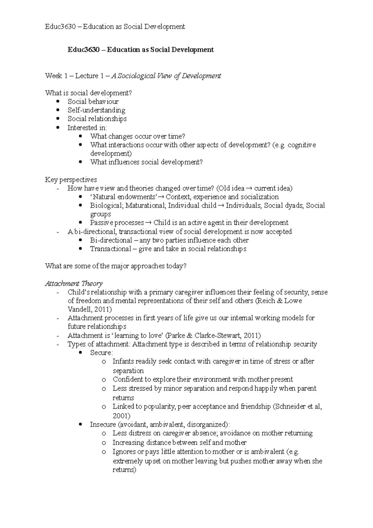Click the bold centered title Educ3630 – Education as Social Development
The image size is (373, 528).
[141, 50]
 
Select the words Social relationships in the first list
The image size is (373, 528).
[97, 119]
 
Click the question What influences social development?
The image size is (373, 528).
[146, 162]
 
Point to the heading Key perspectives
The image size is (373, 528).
[71, 180]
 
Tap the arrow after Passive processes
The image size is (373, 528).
[148, 223]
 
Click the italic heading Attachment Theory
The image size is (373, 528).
[74, 284]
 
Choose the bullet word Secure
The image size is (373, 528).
[101, 353]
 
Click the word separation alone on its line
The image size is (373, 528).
[128, 371]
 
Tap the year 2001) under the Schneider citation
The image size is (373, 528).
[122, 416]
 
